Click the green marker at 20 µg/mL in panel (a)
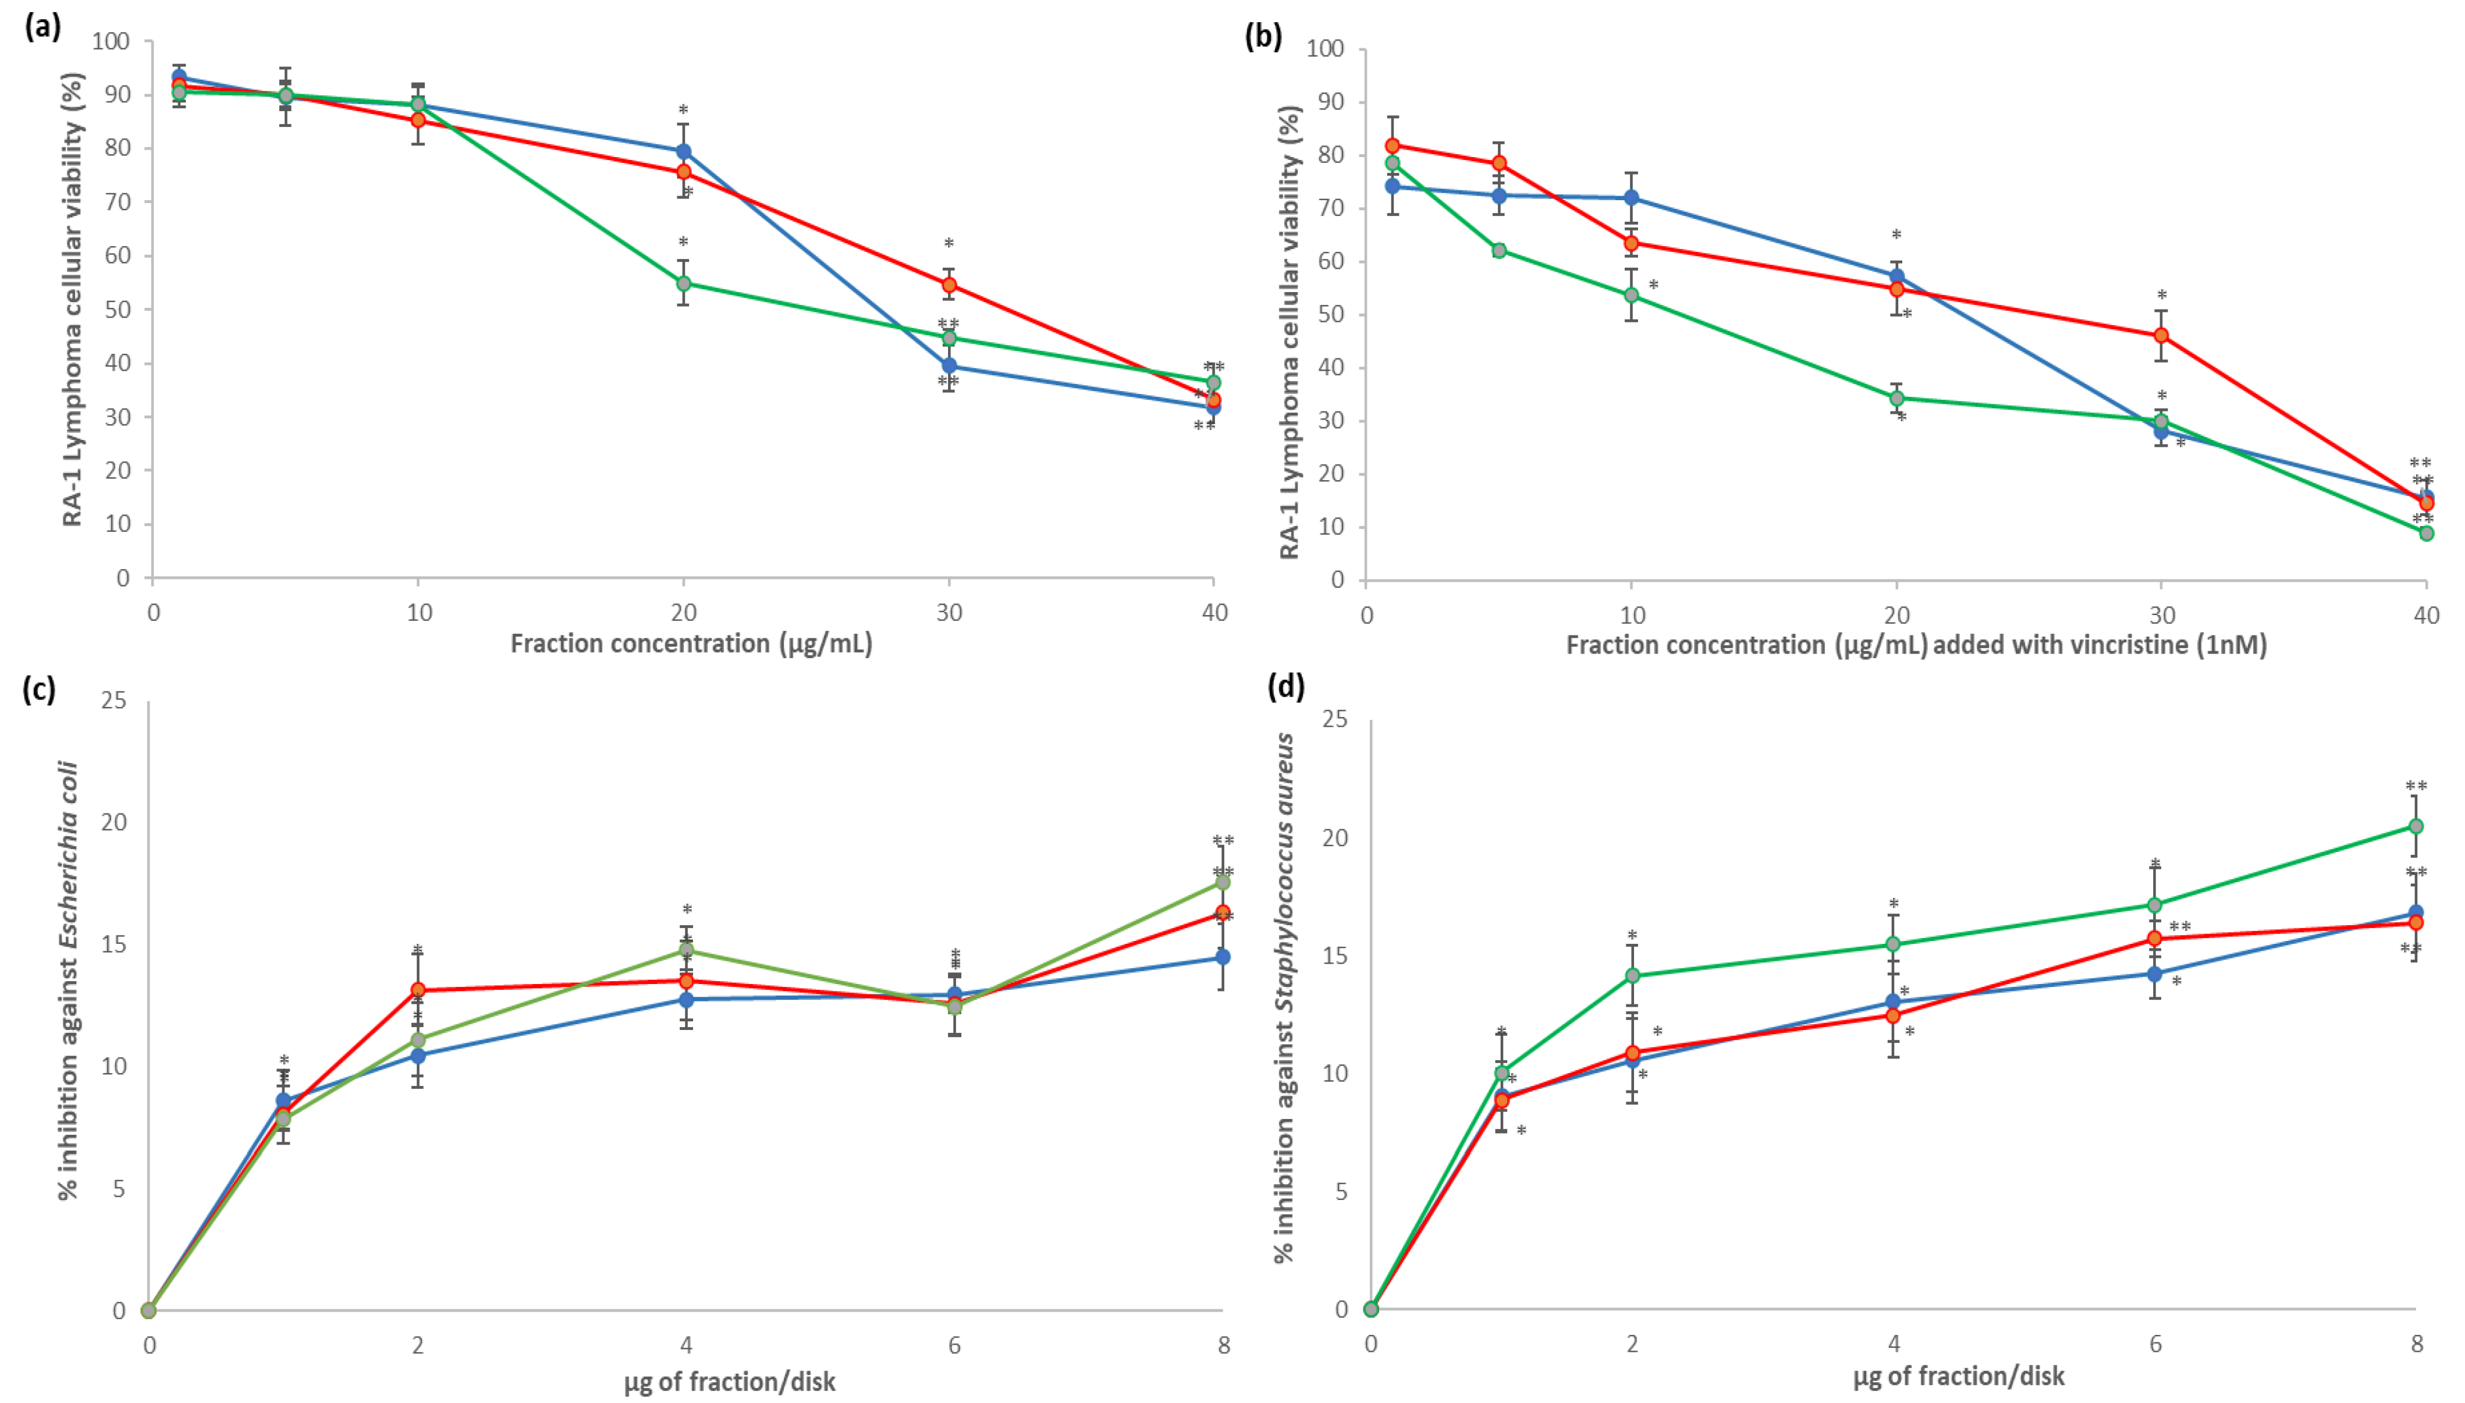coord(683,283)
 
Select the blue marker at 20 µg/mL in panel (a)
coord(683,151)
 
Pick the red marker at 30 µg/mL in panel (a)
coord(949,285)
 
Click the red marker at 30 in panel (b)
coord(2161,335)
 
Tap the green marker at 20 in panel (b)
coord(1896,398)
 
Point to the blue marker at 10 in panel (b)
coord(1632,197)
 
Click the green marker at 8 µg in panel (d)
coord(2416,826)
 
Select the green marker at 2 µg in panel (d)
coord(1632,975)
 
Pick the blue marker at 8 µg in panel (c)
coord(1222,957)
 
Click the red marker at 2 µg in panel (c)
coord(417,990)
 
